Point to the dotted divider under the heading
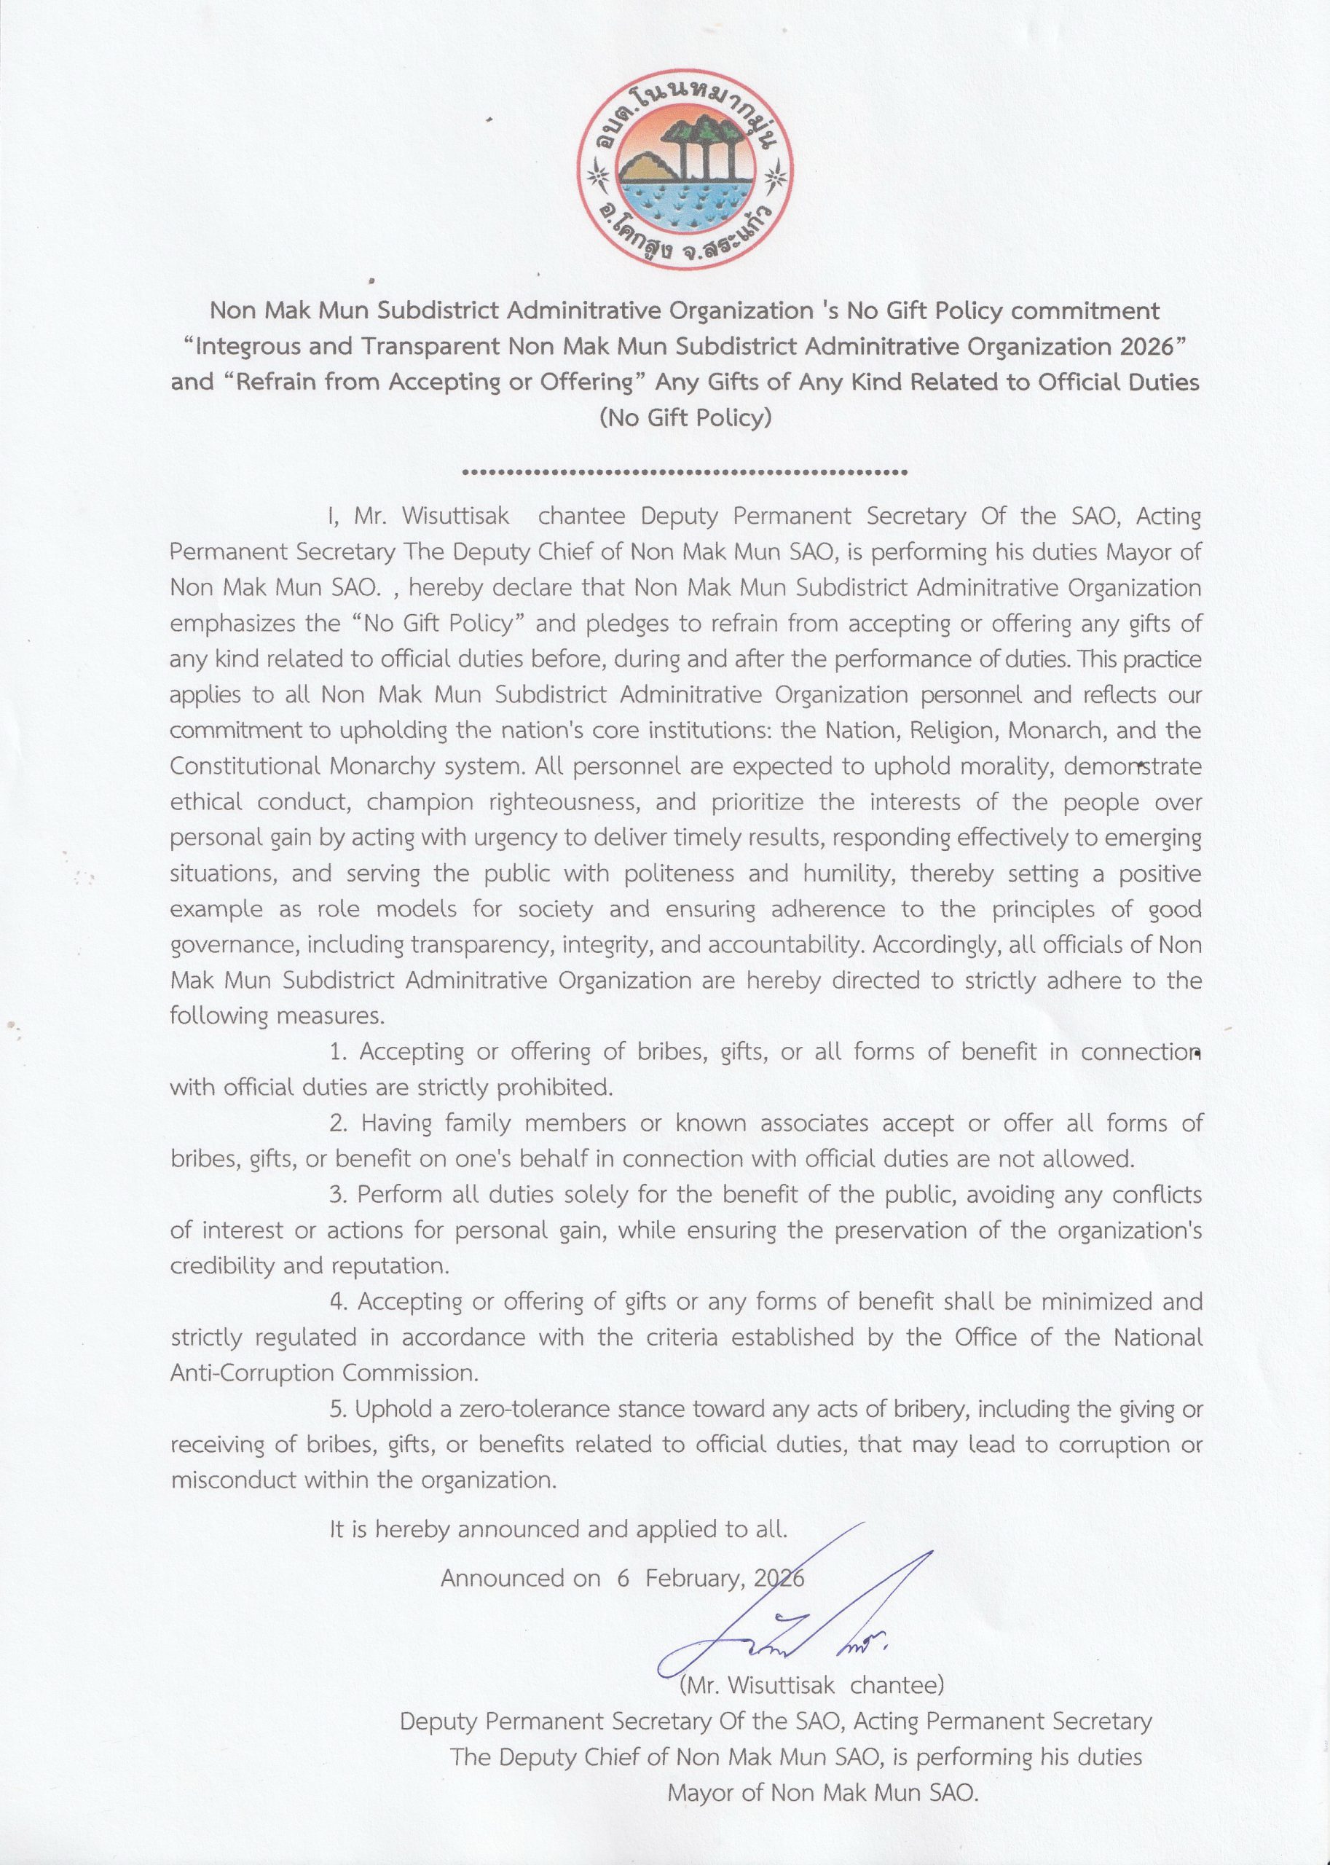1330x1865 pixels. [685, 473]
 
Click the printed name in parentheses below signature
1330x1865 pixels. [811, 1685]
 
